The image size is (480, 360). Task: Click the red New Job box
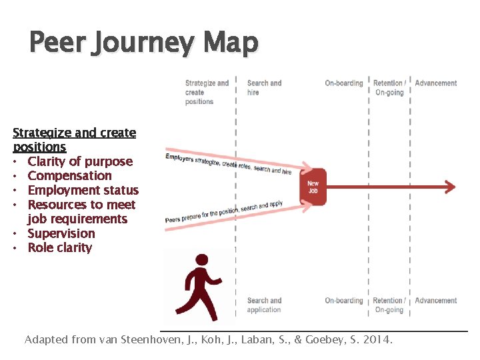(x=313, y=187)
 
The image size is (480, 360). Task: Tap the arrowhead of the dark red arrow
(x=451, y=187)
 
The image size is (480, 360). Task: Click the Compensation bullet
(x=69, y=176)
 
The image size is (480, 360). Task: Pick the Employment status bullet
(x=83, y=191)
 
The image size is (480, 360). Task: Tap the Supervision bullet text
(x=61, y=233)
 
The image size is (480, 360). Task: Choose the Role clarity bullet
(x=60, y=248)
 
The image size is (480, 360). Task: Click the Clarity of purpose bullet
(x=80, y=161)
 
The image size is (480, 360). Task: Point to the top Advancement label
(x=436, y=83)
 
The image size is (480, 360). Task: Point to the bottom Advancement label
(x=436, y=301)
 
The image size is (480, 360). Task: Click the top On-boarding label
(x=344, y=83)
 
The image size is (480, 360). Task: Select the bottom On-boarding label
(x=344, y=301)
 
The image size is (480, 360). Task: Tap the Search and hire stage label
(x=264, y=88)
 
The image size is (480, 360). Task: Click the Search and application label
(x=264, y=305)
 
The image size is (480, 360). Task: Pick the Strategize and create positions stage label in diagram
(x=207, y=93)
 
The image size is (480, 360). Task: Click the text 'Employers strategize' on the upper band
(x=193, y=160)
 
